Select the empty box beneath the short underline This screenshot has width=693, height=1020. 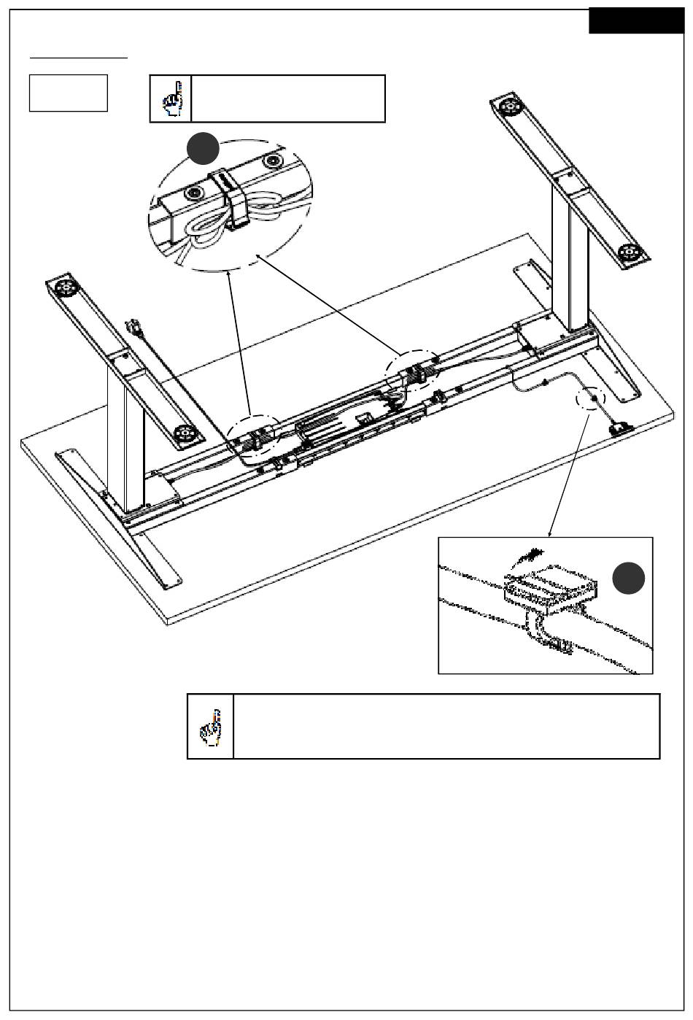pos(69,93)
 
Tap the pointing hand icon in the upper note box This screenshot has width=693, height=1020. pos(171,98)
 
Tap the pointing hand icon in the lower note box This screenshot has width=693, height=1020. pos(210,727)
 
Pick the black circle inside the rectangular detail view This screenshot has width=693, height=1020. pos(627,578)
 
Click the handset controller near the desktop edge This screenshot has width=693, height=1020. pos(621,429)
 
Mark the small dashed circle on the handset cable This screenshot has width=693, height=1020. pos(590,398)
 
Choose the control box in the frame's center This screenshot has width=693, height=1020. pos(325,425)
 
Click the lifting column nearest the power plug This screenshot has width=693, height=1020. pos(125,436)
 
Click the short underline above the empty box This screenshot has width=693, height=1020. pos(79,56)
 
